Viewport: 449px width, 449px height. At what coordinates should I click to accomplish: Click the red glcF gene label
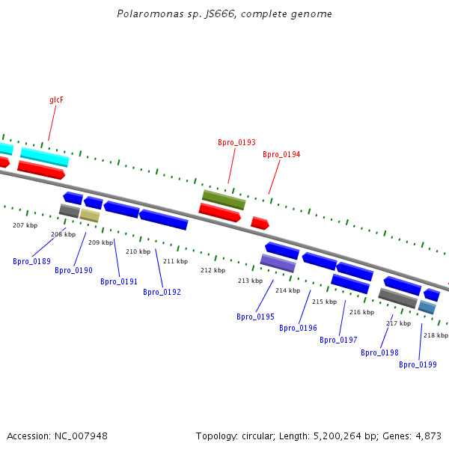point(56,100)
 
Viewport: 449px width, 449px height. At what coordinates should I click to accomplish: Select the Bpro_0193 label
point(236,142)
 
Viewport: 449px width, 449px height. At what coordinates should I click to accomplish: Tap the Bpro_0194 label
point(281,154)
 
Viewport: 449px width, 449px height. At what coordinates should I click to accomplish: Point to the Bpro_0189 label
point(31,261)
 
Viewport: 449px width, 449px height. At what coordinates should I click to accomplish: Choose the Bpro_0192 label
point(162,292)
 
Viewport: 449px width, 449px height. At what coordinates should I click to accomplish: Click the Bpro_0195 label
point(255,317)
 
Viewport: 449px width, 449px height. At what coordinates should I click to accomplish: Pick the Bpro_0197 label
point(338,340)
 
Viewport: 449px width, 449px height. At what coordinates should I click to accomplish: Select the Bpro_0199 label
point(418,364)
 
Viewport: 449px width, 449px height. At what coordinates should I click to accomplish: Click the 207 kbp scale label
point(25,225)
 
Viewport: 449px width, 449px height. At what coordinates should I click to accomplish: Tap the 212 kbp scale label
point(213,270)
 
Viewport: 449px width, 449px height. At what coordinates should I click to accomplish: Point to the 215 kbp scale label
point(325,302)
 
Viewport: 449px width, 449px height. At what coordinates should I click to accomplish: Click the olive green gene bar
point(224,200)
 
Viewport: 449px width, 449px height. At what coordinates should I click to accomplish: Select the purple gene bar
point(278,263)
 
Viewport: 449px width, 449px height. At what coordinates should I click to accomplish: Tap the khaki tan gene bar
point(90,216)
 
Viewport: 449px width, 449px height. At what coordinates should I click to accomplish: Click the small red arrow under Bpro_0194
point(260,223)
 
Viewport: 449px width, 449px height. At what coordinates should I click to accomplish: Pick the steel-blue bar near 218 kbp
point(427,307)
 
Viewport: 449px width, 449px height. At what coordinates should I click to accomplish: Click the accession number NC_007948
point(81,436)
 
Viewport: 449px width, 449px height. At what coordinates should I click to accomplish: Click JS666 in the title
point(220,14)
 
